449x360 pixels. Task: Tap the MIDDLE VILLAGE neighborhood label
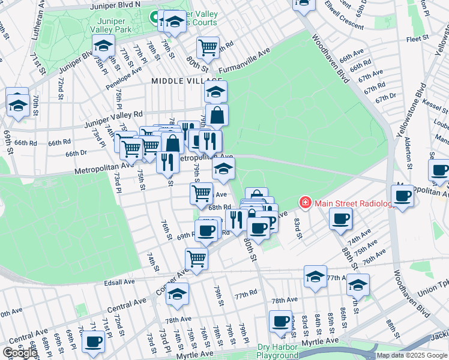[x=187, y=80]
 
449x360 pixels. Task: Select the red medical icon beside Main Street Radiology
[x=306, y=203]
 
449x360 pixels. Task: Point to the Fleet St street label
[x=416, y=39]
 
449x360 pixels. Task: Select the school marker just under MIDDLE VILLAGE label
[x=215, y=92]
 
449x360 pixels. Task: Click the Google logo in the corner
[x=20, y=353]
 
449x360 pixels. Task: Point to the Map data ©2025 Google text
[x=412, y=355]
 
